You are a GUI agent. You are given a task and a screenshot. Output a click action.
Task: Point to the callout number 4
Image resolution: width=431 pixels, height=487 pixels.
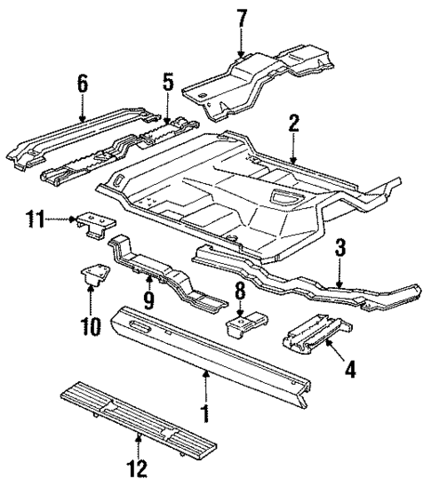pyautogui.click(x=351, y=366)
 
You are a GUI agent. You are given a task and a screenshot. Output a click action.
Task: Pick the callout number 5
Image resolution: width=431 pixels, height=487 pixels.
pyautogui.click(x=167, y=84)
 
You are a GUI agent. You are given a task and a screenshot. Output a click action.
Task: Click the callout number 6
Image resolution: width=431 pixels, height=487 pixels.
pyautogui.click(x=83, y=84)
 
